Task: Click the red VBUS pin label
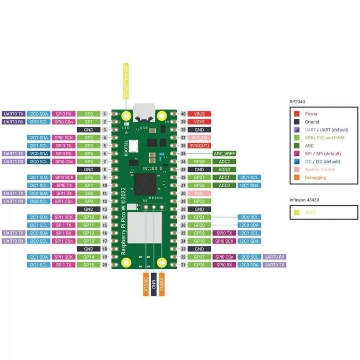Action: click(200, 114)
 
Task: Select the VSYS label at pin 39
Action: click(200, 122)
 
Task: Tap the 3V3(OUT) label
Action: click(200, 146)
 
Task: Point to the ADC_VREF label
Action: click(225, 154)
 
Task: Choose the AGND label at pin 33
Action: click(225, 169)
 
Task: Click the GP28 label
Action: click(200, 161)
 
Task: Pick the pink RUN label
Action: click(200, 193)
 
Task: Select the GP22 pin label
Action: click(200, 201)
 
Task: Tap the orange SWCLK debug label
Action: click(146, 283)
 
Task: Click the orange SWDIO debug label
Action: click(161, 283)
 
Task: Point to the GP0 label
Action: click(88, 114)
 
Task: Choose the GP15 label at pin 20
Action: click(88, 265)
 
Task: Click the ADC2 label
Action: click(225, 161)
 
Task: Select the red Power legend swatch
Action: click(297, 114)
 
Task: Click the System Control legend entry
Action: click(320, 170)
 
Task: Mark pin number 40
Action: click(183, 114)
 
